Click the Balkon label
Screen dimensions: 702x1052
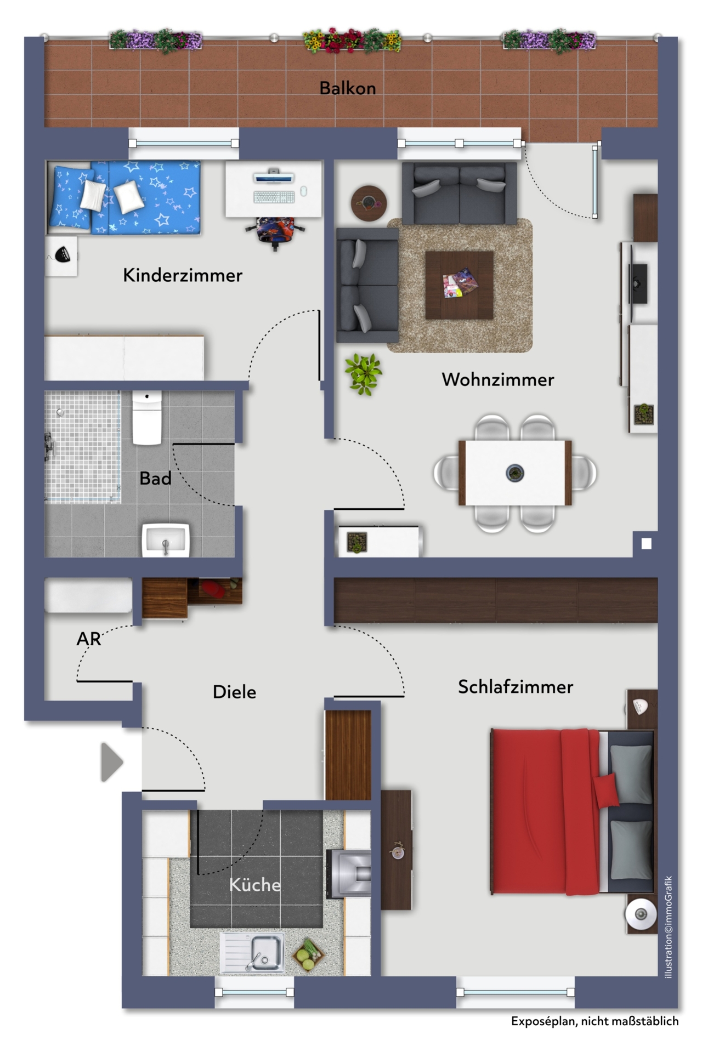(348, 88)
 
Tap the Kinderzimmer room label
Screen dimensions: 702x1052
(183, 275)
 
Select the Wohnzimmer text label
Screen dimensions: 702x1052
(498, 379)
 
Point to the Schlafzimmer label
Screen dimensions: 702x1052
(516, 687)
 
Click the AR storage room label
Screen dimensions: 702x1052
(89, 639)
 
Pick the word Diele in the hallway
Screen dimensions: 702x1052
(234, 692)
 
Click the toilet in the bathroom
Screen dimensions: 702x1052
(147, 418)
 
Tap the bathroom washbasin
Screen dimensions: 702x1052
(166, 541)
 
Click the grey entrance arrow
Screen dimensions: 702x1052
(111, 761)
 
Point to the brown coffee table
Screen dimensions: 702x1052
(459, 285)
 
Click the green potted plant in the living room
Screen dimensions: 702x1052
(363, 374)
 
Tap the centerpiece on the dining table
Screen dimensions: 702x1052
(514, 472)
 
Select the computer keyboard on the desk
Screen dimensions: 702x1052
(274, 197)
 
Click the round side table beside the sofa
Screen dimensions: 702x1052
(369, 203)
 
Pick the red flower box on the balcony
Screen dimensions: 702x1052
(352, 41)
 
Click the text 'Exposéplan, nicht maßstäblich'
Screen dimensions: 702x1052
(595, 1021)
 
